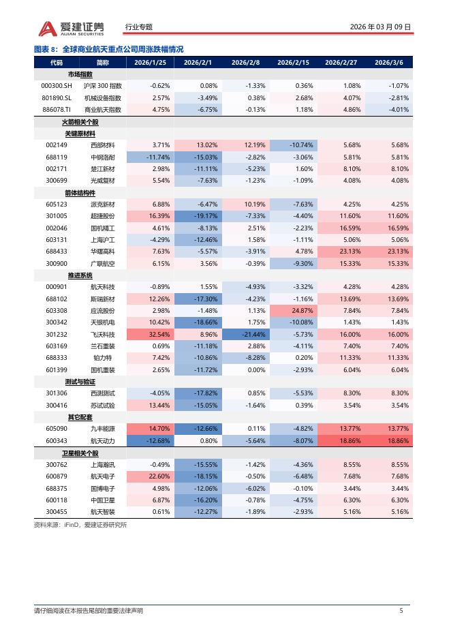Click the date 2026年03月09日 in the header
380,27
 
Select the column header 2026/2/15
293,63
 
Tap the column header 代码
57,63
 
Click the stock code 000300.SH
57,86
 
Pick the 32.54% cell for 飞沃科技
151,335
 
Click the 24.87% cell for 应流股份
294,311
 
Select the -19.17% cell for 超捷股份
198,216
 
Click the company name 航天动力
103,441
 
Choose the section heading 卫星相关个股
80,453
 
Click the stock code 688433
57,252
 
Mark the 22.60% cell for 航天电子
151,476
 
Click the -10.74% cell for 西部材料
294,145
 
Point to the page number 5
401,610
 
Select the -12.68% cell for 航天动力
151,441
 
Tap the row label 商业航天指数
103,109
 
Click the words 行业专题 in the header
139,27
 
